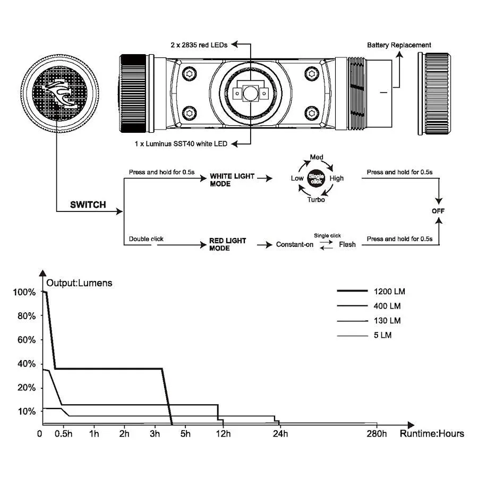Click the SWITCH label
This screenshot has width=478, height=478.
click(x=88, y=204)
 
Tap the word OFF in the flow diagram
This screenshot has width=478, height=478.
click(x=438, y=211)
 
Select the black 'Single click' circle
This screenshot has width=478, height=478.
click(x=317, y=178)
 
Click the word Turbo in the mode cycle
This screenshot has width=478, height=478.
click(x=316, y=199)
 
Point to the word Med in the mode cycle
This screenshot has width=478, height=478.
click(x=317, y=158)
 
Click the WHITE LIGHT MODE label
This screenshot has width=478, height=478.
click(x=232, y=180)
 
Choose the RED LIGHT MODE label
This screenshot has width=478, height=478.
click(x=227, y=244)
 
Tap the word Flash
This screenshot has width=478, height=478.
click(x=347, y=244)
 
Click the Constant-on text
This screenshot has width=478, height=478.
click(x=295, y=244)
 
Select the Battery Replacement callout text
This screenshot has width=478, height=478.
click(x=399, y=45)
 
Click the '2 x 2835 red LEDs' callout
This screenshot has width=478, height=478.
click(x=200, y=45)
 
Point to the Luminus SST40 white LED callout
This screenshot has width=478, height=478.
click(x=181, y=143)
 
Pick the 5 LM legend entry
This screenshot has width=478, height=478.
click(x=382, y=336)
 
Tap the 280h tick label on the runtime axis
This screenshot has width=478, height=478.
click(x=377, y=434)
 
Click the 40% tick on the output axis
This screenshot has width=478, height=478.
click(x=26, y=364)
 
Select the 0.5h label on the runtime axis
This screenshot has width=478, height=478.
click(x=64, y=434)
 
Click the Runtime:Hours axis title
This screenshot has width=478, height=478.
click(x=432, y=433)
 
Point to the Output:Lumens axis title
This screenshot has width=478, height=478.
click(x=80, y=283)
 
